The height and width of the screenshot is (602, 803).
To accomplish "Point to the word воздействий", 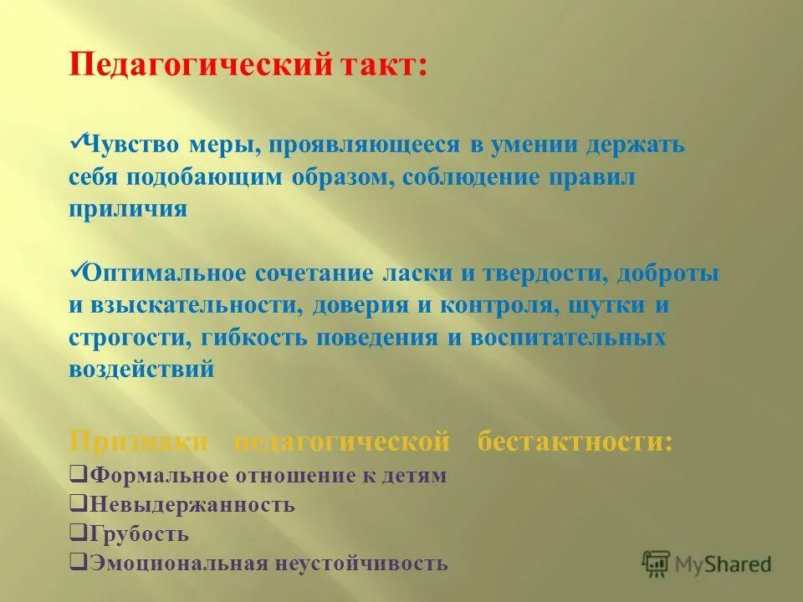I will click(141, 370).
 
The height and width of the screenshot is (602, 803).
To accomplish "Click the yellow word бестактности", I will click(574, 441).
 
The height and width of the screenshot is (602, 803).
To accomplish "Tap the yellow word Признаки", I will click(138, 441).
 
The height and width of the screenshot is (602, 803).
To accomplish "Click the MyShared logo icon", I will click(657, 564).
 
